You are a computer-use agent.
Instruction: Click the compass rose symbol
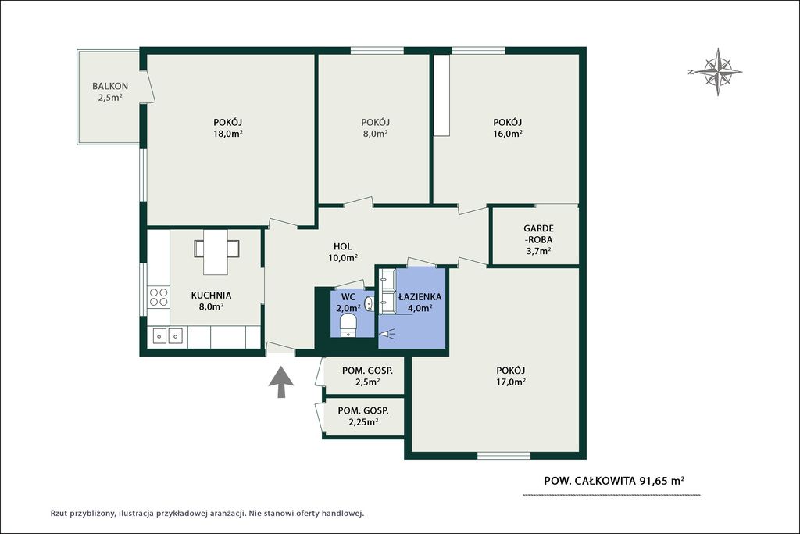coord(717,72)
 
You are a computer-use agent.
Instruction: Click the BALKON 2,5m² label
coord(109,92)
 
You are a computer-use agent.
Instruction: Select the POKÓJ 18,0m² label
coord(227,127)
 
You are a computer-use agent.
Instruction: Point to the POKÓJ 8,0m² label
coord(375,127)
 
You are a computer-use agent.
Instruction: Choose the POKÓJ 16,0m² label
coord(507,127)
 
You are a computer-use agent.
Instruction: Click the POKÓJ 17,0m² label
coord(511,376)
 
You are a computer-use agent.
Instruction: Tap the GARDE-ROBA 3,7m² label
coord(538,239)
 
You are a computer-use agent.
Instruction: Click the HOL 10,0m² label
coord(342,253)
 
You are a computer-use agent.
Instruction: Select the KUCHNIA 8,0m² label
coord(211,301)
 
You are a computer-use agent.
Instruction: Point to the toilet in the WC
coord(348,325)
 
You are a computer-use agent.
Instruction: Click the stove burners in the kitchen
coord(158,297)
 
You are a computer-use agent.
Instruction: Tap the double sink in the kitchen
coord(168,336)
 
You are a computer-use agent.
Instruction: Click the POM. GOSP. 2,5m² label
coord(367,376)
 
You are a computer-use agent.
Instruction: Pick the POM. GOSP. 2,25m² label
coord(363,416)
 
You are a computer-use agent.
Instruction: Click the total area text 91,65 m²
coord(662,480)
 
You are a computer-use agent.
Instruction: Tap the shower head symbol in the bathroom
coord(387,333)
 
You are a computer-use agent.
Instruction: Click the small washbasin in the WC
coord(370,304)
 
